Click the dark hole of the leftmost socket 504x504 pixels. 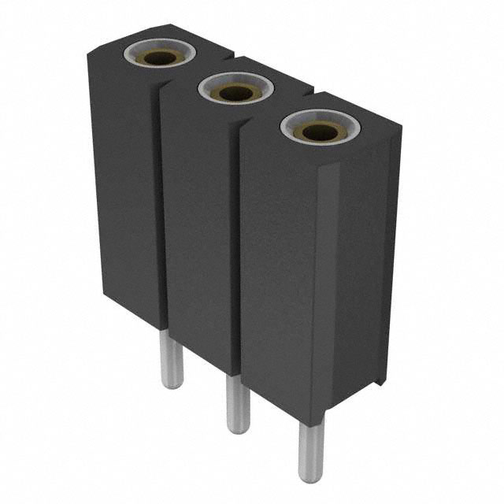[160, 57]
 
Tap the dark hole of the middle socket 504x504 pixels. [236, 93]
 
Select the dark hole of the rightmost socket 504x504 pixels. [319, 131]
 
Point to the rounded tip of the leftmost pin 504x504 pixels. [172, 384]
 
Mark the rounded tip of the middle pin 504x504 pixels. [238, 428]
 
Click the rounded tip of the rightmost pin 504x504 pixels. [310, 476]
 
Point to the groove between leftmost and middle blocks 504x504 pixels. [161, 205]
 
